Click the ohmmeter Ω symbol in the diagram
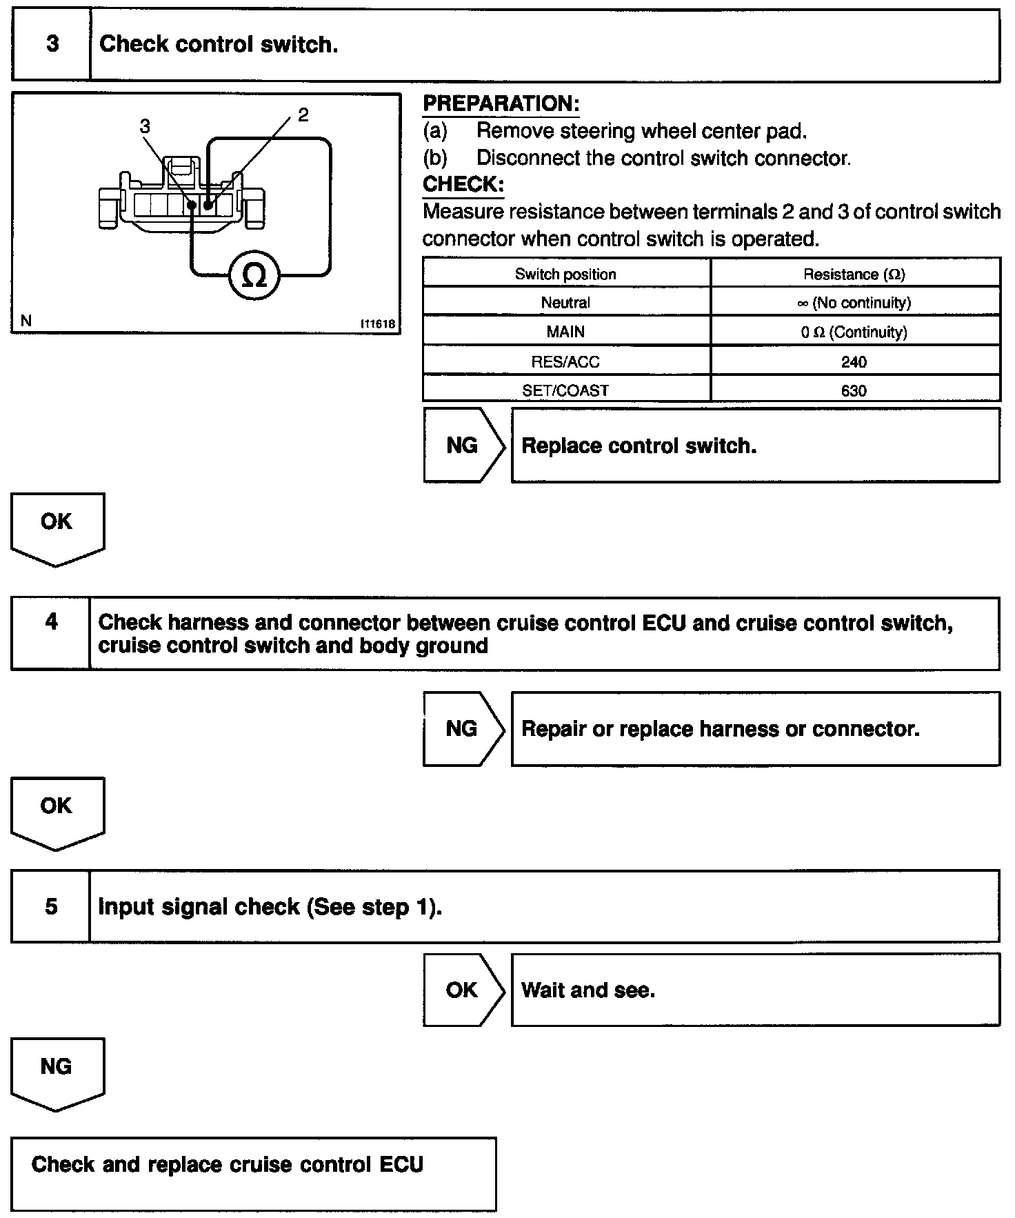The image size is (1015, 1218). click(x=254, y=276)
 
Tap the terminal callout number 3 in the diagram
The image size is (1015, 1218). click(x=145, y=126)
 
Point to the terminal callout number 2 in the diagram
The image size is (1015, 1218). click(x=303, y=115)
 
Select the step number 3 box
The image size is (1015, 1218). click(x=52, y=45)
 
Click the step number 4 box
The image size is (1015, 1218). click(x=51, y=622)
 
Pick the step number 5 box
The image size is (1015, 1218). click(x=51, y=906)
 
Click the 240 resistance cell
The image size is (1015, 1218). click(x=854, y=361)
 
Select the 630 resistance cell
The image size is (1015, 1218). click(x=854, y=390)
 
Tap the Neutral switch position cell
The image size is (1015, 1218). click(x=565, y=303)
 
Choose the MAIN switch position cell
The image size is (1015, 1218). click(x=565, y=332)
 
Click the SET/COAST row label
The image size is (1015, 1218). click(x=565, y=390)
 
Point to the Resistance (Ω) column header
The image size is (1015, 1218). click(x=854, y=274)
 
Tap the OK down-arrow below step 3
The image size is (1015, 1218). click(x=57, y=528)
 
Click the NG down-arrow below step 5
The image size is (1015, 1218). click(x=57, y=1072)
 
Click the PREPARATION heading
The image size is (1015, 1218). click(x=501, y=104)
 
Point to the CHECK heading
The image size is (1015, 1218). click(x=463, y=185)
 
